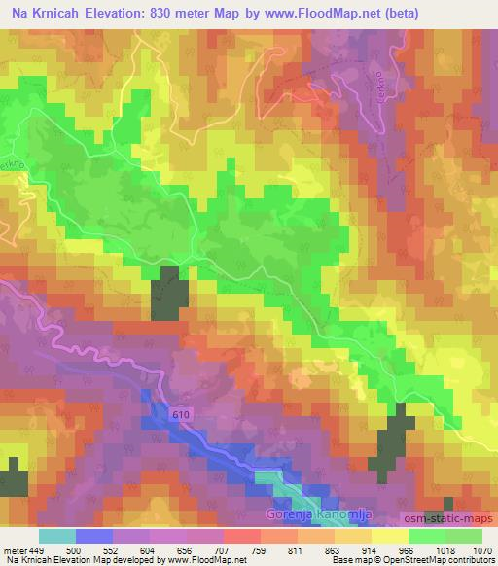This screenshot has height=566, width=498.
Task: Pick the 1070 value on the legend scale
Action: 480,550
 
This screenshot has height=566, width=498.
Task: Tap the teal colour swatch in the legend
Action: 57,536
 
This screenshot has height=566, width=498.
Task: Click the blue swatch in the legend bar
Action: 94,536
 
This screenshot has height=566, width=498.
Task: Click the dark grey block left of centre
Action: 169,294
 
